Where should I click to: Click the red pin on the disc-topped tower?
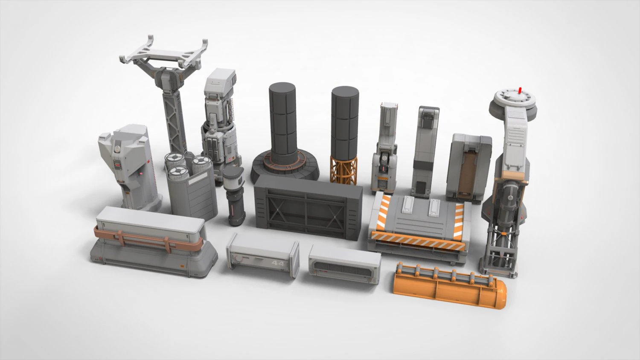click(520, 90)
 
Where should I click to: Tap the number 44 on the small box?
click(277, 264)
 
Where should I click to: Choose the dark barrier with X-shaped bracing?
click(308, 208)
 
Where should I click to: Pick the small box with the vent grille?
click(344, 264)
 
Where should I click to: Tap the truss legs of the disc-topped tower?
click(503, 247)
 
